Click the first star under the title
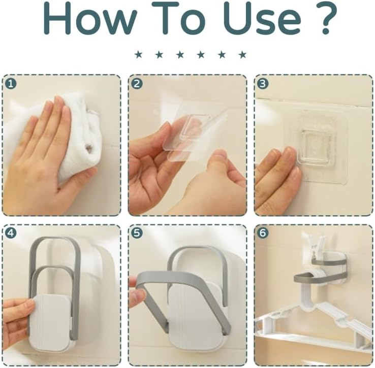[138, 54]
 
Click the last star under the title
[242, 54]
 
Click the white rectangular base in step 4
[51, 320]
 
